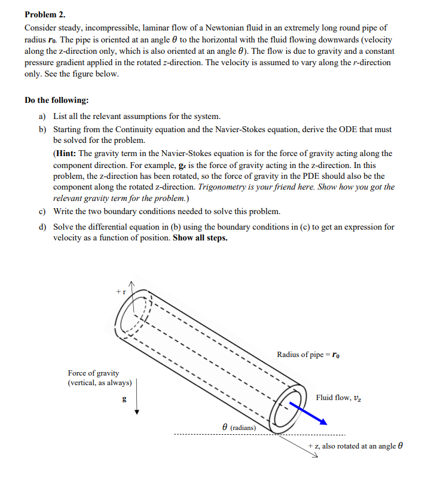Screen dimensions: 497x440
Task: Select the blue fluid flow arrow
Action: point(310,413)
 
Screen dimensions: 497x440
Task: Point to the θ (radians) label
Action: point(239,427)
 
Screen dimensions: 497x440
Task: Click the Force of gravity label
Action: point(93,373)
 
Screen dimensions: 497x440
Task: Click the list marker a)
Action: point(43,116)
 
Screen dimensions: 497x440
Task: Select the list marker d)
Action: point(43,227)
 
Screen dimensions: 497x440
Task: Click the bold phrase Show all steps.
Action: point(200,237)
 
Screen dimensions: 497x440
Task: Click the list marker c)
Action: point(43,211)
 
